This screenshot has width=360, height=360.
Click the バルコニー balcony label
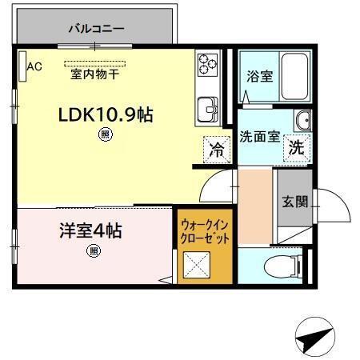pyautogui.click(x=95, y=28)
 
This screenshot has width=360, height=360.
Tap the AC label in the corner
pyautogui.click(x=34, y=67)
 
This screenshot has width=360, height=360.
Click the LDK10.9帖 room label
pyautogui.click(x=105, y=114)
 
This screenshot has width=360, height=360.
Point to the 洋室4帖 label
pyautogui.click(x=90, y=231)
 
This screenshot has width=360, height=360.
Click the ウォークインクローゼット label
pyautogui.click(x=205, y=231)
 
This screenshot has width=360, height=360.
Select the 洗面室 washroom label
pyautogui.click(x=259, y=135)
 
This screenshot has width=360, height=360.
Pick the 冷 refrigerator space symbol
pyautogui.click(x=215, y=148)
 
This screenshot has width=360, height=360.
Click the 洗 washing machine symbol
pyautogui.click(x=296, y=147)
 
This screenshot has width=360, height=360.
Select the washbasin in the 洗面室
pyautogui.click(x=303, y=120)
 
